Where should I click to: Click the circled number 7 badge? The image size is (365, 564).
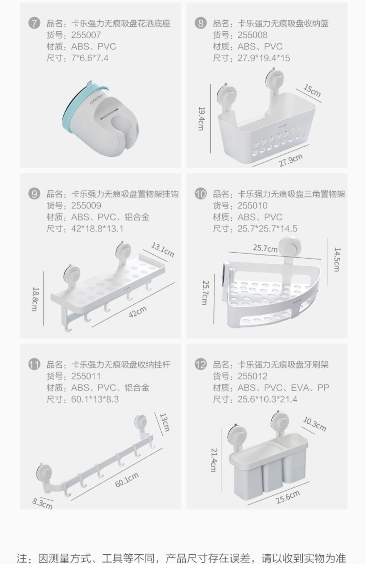point(34,23)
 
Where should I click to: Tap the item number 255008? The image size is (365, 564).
point(252,35)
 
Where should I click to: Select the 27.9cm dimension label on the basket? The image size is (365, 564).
point(291,160)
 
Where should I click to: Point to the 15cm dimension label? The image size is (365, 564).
point(312,91)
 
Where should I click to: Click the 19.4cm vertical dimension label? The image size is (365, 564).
point(201,118)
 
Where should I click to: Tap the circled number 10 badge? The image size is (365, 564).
point(200,194)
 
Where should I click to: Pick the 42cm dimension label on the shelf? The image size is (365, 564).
point(137,312)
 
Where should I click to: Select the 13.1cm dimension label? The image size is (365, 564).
point(162,249)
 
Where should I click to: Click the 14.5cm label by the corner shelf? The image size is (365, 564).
point(337,259)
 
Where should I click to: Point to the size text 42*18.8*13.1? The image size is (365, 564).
point(97,229)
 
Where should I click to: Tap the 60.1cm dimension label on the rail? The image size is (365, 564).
point(127,480)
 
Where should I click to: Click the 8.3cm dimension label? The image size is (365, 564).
point(42,503)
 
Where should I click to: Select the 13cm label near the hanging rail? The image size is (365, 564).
point(164,422)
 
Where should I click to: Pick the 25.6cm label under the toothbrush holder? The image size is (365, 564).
point(288,497)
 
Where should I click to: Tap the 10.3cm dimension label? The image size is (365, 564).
point(314,424)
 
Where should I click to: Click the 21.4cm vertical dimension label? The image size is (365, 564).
point(214,460)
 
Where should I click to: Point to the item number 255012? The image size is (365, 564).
point(252,376)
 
